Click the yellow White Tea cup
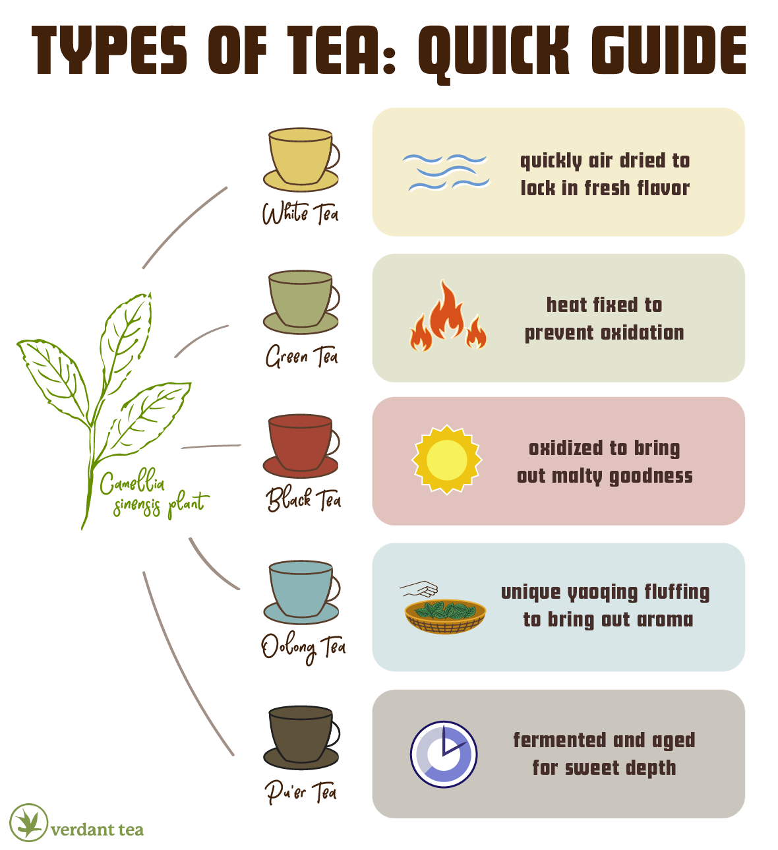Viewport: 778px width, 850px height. pos(301,158)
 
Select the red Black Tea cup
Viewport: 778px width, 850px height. pos(301,444)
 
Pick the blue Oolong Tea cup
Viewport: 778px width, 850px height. pos(301,591)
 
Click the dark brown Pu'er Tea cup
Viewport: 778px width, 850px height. pos(301,736)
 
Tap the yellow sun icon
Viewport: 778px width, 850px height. pos(447,460)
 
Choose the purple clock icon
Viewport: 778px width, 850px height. pos(444,754)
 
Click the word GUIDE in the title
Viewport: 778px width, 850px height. pos(668,51)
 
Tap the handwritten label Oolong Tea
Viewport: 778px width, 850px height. pos(303,647)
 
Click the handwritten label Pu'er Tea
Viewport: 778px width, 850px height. pos(301,791)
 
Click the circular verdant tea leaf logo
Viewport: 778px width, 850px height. pos(29,822)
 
